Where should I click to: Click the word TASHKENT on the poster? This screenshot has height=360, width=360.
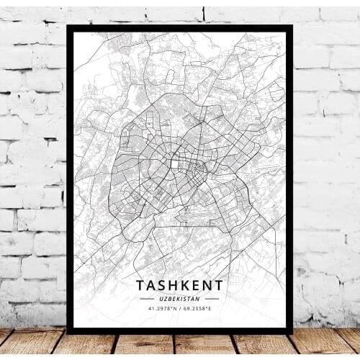point(179,285)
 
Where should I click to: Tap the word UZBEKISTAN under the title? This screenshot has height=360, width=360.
point(179,298)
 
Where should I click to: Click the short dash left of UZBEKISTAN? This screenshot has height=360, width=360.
point(147,298)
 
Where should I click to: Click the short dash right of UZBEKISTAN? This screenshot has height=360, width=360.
point(212,298)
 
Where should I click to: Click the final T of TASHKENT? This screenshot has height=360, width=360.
point(219,285)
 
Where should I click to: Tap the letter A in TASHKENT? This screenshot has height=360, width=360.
point(150,285)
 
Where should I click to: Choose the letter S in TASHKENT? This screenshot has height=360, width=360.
point(161,285)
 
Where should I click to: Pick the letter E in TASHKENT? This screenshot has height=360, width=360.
point(196,285)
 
